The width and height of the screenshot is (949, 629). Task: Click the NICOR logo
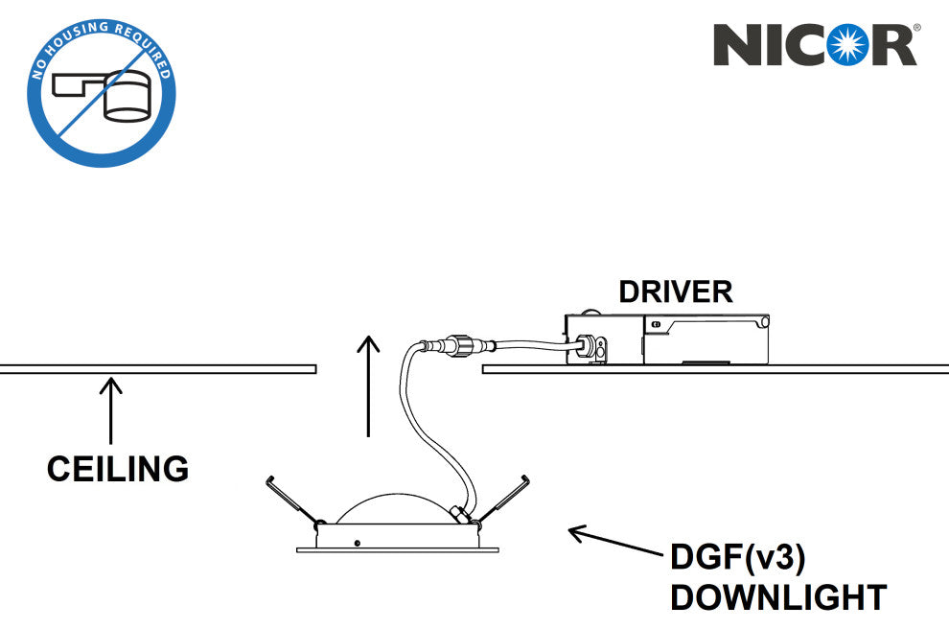pyautogui.click(x=816, y=45)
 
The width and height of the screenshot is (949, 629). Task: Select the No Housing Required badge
pyautogui.click(x=101, y=93)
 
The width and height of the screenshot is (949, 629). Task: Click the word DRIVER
pyautogui.click(x=675, y=291)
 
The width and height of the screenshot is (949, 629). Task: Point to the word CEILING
pyautogui.click(x=118, y=469)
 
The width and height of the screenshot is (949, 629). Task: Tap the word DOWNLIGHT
pyautogui.click(x=777, y=597)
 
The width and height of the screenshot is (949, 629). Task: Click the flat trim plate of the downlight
pyautogui.click(x=397, y=549)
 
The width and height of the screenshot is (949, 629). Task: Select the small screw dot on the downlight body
pyautogui.click(x=357, y=543)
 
